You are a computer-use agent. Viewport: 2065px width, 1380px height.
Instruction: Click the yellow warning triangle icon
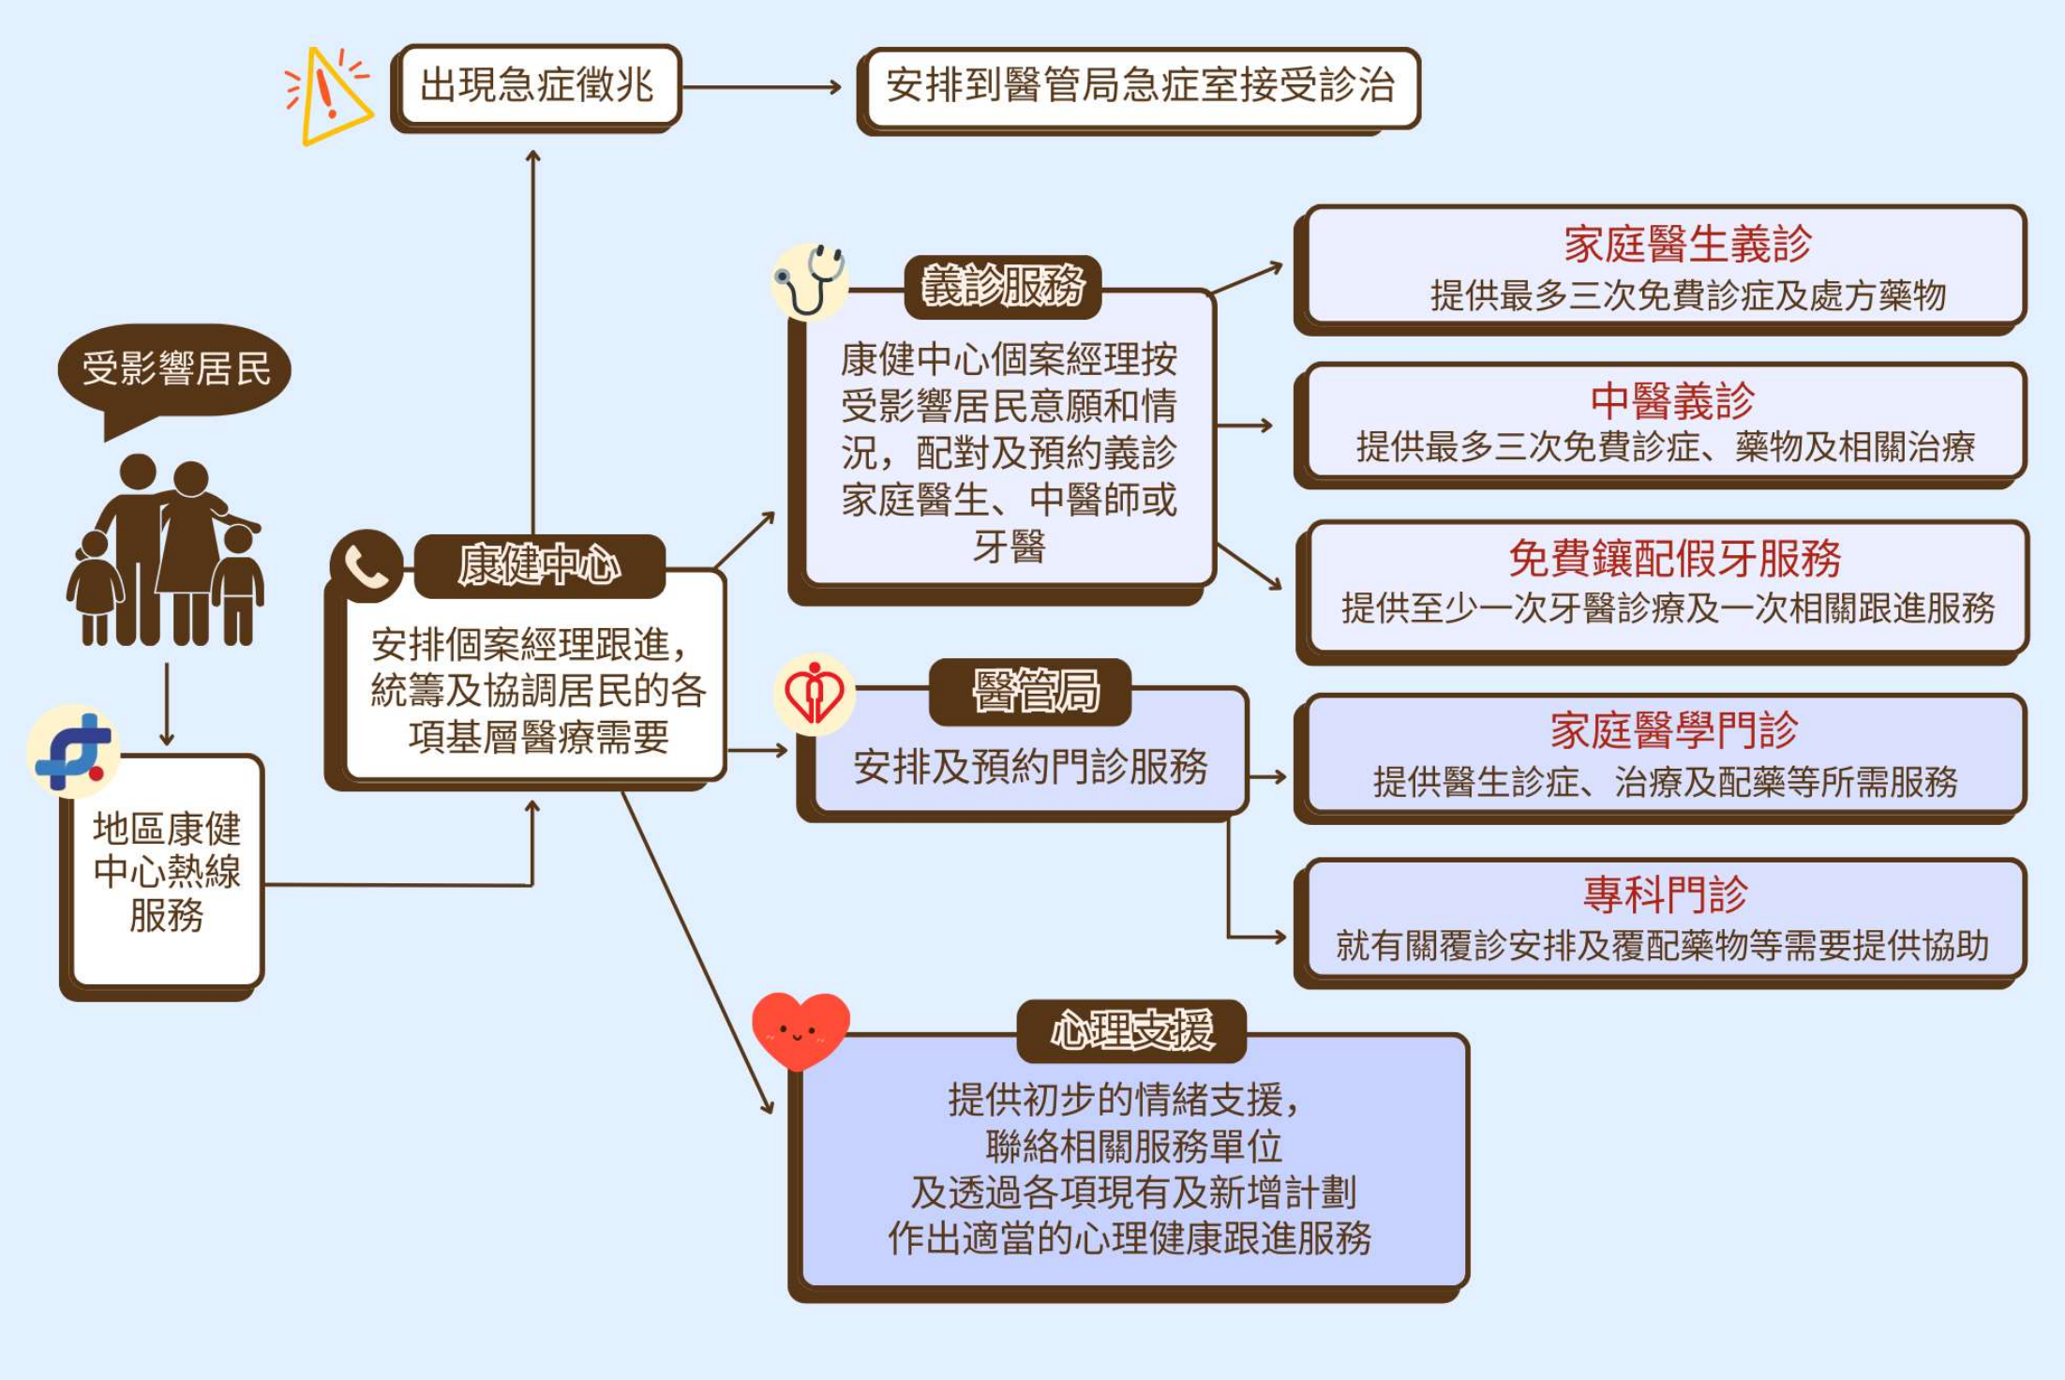(x=328, y=96)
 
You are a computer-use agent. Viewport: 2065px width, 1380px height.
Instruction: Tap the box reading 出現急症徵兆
(x=536, y=85)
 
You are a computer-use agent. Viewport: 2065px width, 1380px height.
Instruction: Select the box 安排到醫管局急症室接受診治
(x=1140, y=86)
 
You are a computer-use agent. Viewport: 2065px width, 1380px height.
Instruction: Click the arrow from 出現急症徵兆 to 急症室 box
(x=761, y=87)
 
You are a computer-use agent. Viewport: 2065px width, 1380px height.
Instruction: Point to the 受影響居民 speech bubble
(x=175, y=369)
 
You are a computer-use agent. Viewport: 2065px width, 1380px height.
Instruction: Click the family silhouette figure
(x=166, y=553)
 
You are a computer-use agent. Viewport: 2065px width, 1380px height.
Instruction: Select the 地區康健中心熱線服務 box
(x=167, y=872)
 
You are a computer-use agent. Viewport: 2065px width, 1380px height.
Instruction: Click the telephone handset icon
(x=366, y=565)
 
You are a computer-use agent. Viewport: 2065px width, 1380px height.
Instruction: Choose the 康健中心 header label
(x=539, y=565)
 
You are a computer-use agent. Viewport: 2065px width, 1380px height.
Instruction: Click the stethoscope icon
(x=809, y=280)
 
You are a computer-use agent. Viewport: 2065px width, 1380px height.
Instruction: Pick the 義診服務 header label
(x=1002, y=286)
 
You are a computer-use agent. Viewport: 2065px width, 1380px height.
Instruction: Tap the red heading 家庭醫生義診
(x=1687, y=244)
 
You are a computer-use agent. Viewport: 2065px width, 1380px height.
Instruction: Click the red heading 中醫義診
(x=1672, y=401)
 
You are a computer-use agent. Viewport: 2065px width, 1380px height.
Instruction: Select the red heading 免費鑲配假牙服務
(x=1674, y=559)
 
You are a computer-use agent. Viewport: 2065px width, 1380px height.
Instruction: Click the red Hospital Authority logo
(x=813, y=695)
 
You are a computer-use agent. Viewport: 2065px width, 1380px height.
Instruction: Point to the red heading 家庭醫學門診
(x=1673, y=730)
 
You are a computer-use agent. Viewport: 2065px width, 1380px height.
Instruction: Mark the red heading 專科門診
(x=1665, y=894)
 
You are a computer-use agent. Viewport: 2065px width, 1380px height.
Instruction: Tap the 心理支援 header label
(x=1131, y=1030)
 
